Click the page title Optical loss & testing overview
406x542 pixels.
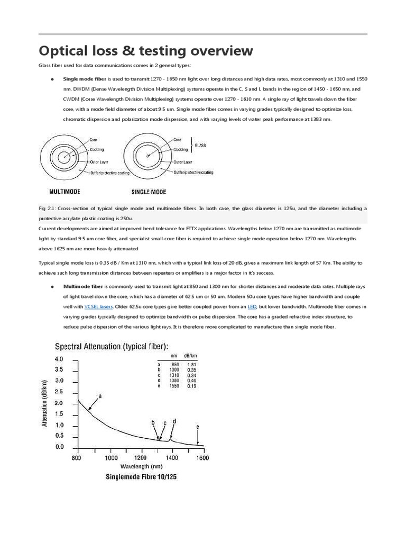pos(146,51)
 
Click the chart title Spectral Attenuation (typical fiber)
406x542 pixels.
pos(113,346)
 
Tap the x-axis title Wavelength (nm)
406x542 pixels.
pos(141,467)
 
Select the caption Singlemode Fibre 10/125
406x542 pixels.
pos(141,477)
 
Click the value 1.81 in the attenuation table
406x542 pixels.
pos(192,364)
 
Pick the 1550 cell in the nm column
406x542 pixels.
pos(173,386)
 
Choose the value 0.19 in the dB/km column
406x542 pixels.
pos(192,386)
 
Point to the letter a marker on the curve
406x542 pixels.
pos(100,395)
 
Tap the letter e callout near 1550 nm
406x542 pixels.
pos(197,426)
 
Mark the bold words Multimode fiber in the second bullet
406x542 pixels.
pos(79,286)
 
